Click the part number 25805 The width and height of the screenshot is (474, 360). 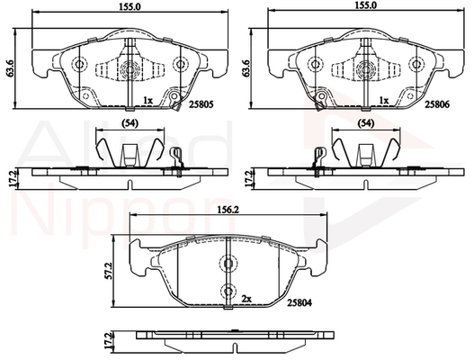pyautogui.click(x=201, y=104)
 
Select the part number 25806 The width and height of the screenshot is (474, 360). pyautogui.click(x=437, y=104)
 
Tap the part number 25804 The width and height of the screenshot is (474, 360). pyautogui.click(x=300, y=302)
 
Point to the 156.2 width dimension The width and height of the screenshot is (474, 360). pyautogui.click(x=228, y=210)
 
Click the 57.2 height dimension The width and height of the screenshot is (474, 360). pyautogui.click(x=109, y=271)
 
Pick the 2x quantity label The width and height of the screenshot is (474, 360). pyautogui.click(x=246, y=299)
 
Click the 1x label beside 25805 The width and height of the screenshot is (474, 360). pyautogui.click(x=148, y=100)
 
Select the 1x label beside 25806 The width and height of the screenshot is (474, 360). pyautogui.click(x=384, y=100)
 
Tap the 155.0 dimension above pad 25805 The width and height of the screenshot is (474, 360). pyautogui.click(x=130, y=7)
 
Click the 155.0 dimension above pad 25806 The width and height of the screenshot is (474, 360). pyautogui.click(x=365, y=7)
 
